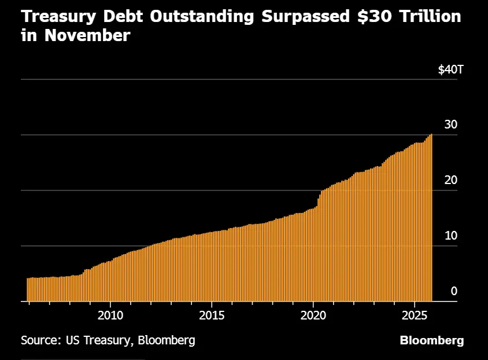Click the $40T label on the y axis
(450, 70)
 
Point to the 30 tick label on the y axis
(450, 124)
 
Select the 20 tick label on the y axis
(450, 180)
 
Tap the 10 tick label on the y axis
(450, 236)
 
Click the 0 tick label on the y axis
(454, 291)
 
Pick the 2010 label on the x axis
(110, 315)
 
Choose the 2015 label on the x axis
(212, 315)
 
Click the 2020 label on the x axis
(313, 315)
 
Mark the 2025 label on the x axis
(415, 315)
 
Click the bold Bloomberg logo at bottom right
(431, 340)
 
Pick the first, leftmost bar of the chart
(27, 289)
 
